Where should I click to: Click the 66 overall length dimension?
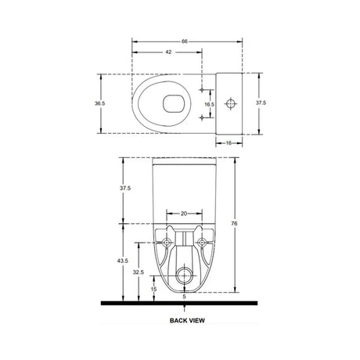(x=185, y=41)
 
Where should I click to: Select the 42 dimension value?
(x=168, y=52)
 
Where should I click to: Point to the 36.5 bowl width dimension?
(x=99, y=103)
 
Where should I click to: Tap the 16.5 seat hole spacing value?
(x=209, y=104)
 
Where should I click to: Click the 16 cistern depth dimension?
(x=229, y=143)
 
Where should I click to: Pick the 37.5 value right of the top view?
(x=261, y=103)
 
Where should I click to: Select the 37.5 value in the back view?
(x=125, y=188)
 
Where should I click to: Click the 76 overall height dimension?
(x=234, y=224)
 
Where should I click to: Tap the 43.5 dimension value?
(x=123, y=261)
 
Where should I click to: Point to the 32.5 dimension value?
(x=139, y=272)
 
